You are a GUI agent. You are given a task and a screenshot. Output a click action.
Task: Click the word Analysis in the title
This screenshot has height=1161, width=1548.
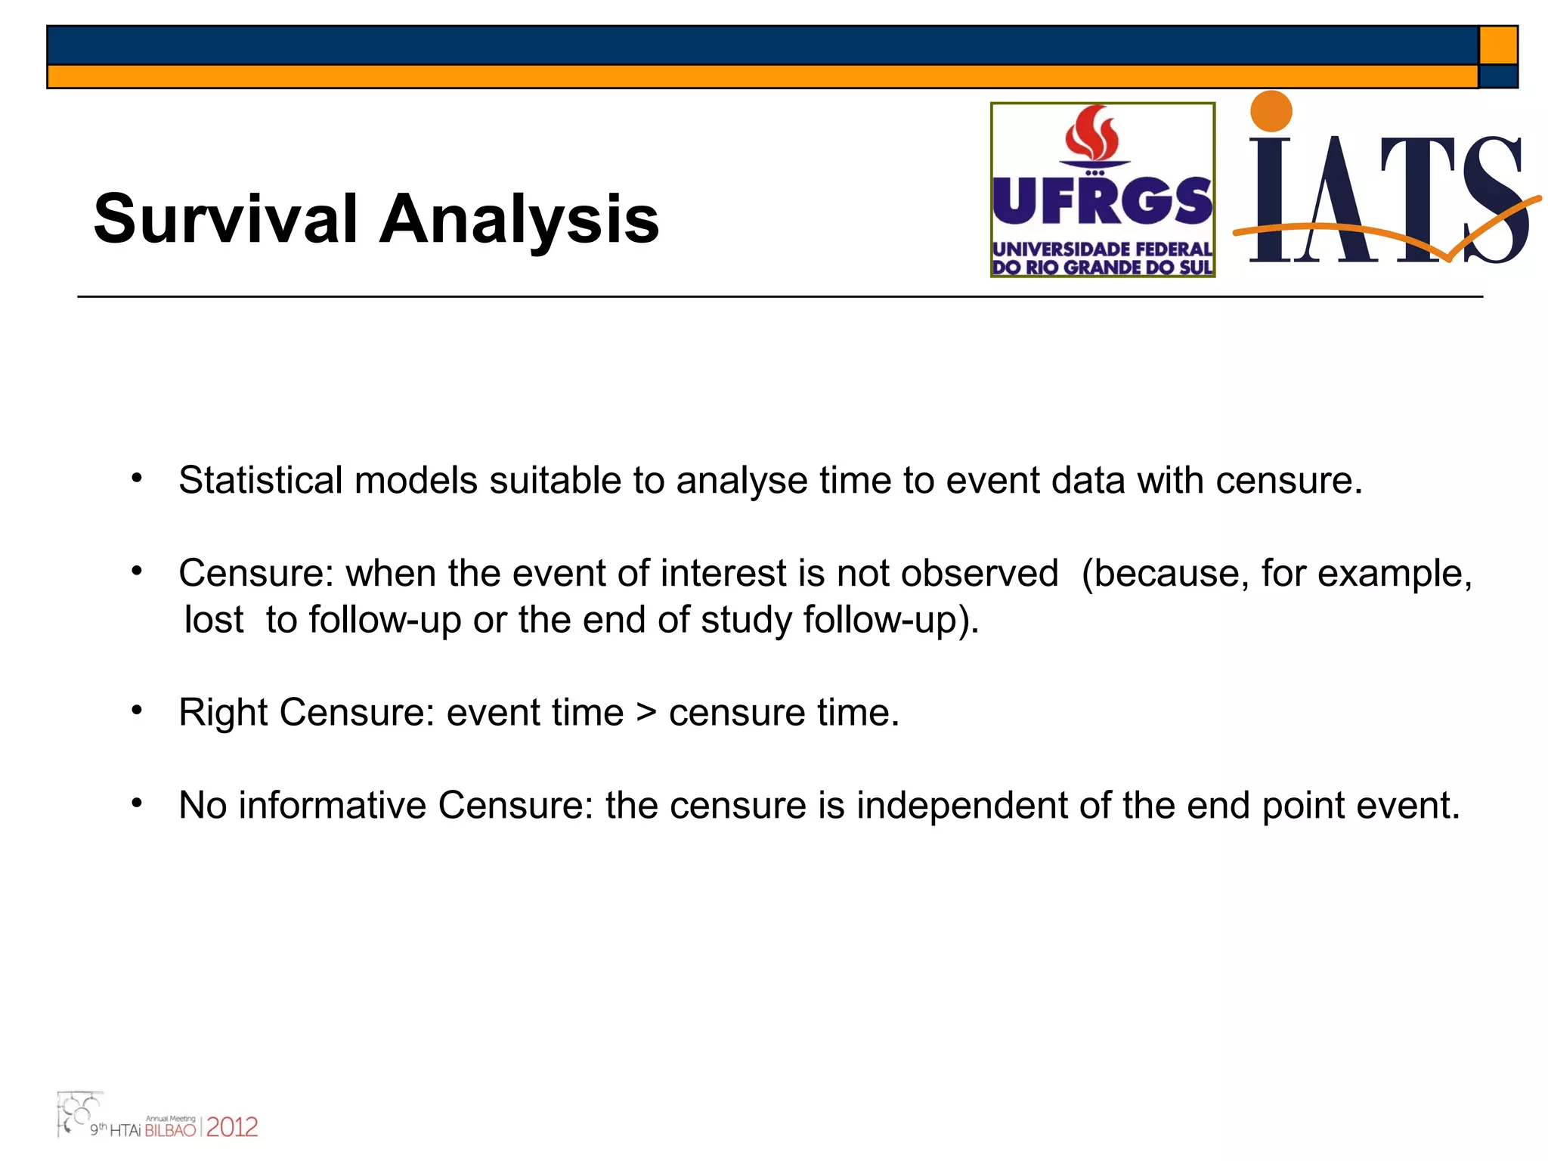click(519, 219)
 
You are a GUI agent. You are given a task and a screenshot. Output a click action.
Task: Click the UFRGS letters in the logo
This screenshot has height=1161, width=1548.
click(1102, 202)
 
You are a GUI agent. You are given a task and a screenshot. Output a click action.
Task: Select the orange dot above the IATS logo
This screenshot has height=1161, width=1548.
click(1271, 111)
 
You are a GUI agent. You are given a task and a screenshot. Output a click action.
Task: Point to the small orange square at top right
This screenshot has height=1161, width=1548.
click(1498, 45)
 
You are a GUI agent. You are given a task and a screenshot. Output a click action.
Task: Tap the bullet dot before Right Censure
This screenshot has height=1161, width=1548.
click(137, 711)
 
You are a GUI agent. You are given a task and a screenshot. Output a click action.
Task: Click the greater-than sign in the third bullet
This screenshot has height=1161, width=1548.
click(646, 713)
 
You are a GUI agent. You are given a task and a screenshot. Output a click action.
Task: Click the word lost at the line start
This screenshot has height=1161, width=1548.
click(214, 620)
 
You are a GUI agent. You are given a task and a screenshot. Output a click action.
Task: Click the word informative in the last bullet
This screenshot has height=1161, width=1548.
click(333, 805)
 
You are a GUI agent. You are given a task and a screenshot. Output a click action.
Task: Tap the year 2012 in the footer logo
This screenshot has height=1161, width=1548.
click(232, 1128)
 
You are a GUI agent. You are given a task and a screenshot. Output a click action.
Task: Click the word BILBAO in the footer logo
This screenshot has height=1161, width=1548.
click(170, 1130)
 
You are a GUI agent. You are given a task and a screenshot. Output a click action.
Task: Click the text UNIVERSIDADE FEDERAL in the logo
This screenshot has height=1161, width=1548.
click(1102, 249)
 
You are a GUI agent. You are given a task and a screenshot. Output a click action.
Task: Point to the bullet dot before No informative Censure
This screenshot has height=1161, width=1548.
click(137, 803)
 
